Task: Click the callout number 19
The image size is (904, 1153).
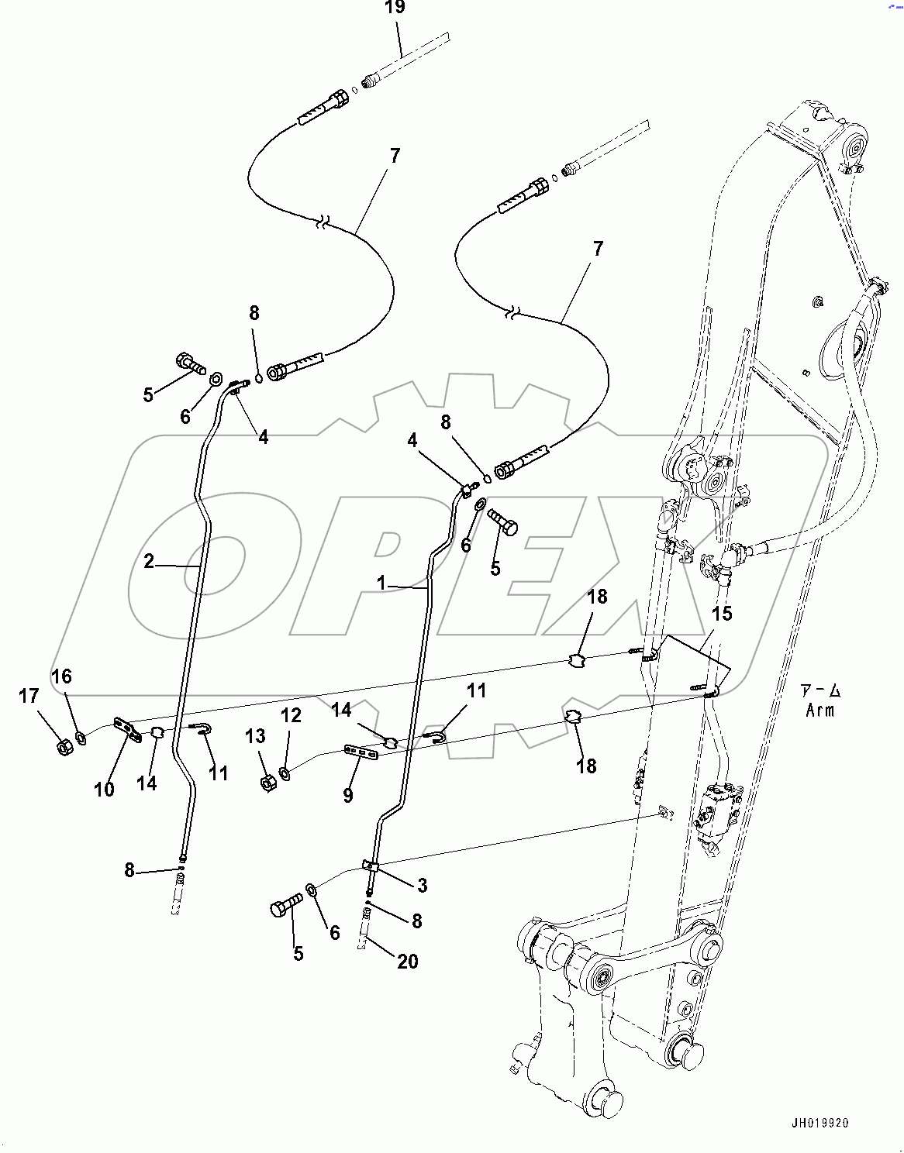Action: (395, 8)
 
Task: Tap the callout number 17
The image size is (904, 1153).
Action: (29, 697)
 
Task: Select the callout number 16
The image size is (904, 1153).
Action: (61, 676)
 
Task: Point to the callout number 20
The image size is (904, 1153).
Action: (408, 962)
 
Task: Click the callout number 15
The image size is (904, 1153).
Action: (722, 614)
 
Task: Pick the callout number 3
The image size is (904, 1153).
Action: (422, 885)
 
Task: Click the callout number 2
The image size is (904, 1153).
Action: (149, 562)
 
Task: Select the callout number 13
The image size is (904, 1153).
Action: (255, 736)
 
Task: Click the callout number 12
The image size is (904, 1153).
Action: (291, 715)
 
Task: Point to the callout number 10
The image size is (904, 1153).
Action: (104, 790)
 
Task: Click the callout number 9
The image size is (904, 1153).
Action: (348, 795)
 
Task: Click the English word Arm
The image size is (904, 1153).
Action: (819, 710)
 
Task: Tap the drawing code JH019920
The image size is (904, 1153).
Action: (820, 1123)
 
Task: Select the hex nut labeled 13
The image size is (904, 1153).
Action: (267, 784)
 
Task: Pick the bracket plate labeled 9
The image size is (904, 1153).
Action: (361, 752)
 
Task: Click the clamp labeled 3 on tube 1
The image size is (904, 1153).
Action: (371, 866)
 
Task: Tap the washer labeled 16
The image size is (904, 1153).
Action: (81, 735)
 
